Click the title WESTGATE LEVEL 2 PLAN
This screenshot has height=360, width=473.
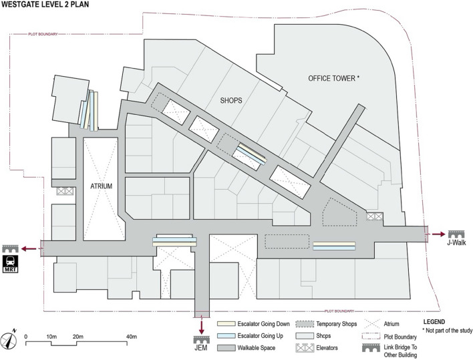point(51,6)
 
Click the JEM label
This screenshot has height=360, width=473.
point(200,347)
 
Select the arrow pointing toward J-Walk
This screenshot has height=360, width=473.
point(438,234)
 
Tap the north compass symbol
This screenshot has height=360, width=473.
point(13,337)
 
